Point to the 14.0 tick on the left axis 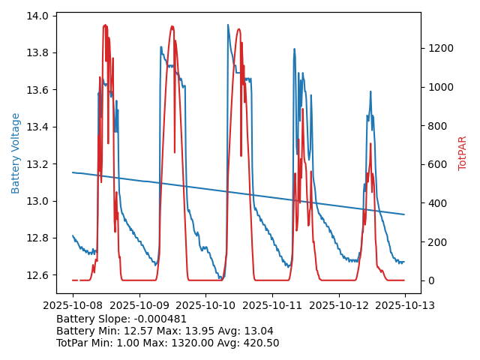39,16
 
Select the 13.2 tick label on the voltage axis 39,164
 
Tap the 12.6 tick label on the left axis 39,275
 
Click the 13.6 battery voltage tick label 39,90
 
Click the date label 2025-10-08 73,305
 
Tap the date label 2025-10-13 405,305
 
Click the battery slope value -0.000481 158,319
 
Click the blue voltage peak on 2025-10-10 228,25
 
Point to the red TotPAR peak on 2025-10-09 172,26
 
